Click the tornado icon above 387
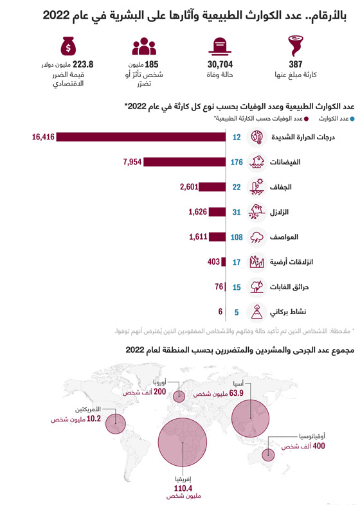(295, 46)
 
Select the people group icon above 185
(144, 46)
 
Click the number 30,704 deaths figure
(219, 64)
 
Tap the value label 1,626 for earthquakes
(198, 211)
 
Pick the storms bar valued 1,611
(217, 236)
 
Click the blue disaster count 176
(236, 162)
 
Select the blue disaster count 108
(236, 236)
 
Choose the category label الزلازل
(283, 212)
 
